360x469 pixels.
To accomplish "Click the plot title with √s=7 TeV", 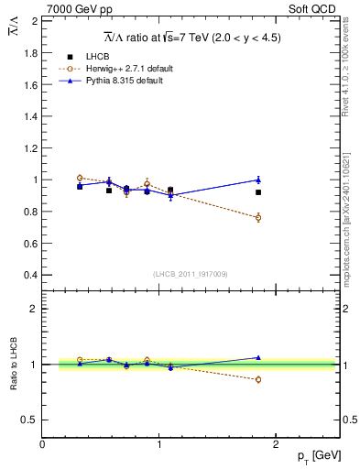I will (191, 38).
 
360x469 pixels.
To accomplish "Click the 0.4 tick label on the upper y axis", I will (27, 275).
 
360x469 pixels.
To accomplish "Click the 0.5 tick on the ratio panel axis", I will (27, 420).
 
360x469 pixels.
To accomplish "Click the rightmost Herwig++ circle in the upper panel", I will (258, 217).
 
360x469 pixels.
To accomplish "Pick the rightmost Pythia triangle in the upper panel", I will (258, 180).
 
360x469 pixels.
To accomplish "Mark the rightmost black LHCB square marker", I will (258, 192).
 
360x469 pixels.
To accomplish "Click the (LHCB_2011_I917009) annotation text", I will (191, 273).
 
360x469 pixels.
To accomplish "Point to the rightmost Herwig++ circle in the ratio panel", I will (258, 379).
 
